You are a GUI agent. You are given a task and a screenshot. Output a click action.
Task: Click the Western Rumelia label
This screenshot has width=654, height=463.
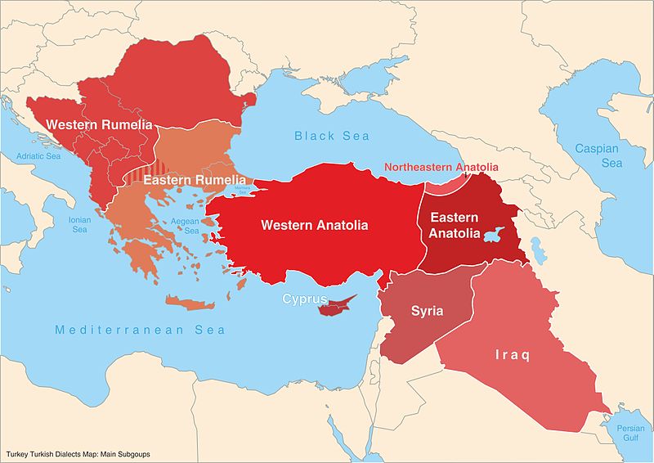point(100,124)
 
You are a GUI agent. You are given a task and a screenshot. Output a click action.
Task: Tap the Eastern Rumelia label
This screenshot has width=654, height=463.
point(195,180)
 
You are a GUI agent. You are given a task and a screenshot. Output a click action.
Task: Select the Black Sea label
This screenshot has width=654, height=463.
point(332,136)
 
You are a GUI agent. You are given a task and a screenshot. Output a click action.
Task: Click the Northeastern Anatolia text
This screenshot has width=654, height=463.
point(441,168)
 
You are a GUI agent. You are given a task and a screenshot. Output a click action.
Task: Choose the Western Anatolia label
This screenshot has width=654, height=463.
point(314,225)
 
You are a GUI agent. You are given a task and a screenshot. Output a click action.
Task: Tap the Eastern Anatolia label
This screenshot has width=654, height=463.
point(455,226)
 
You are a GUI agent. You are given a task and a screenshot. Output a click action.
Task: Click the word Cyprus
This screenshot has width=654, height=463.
point(305,299)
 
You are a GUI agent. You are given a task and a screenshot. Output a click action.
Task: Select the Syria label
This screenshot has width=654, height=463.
point(427,311)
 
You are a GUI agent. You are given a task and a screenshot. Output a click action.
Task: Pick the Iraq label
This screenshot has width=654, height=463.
point(512,355)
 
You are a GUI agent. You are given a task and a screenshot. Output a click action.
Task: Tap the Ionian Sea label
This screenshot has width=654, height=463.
point(79,225)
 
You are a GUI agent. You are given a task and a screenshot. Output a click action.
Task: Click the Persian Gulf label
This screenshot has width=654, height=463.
point(629,433)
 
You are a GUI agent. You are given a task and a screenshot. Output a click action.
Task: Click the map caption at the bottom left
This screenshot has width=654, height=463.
point(78,453)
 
